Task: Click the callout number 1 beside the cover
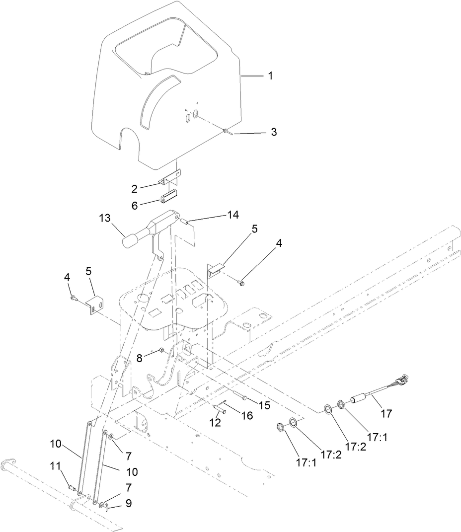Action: (270, 76)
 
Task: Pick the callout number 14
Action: (233, 215)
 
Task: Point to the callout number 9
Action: (129, 503)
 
